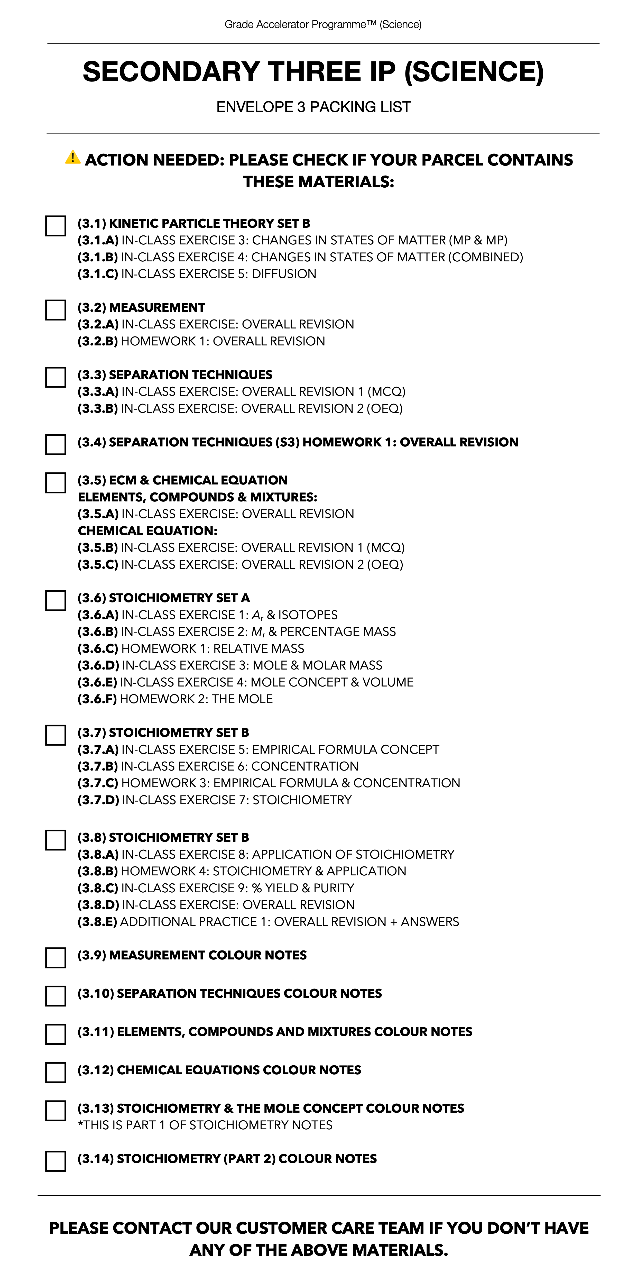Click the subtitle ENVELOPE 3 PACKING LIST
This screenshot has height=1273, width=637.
pos(313,107)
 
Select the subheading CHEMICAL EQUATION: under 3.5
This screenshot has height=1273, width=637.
pos(147,531)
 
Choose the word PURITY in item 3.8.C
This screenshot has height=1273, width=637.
pos(334,888)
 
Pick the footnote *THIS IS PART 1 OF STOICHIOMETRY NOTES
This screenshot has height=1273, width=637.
pos(205,1125)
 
